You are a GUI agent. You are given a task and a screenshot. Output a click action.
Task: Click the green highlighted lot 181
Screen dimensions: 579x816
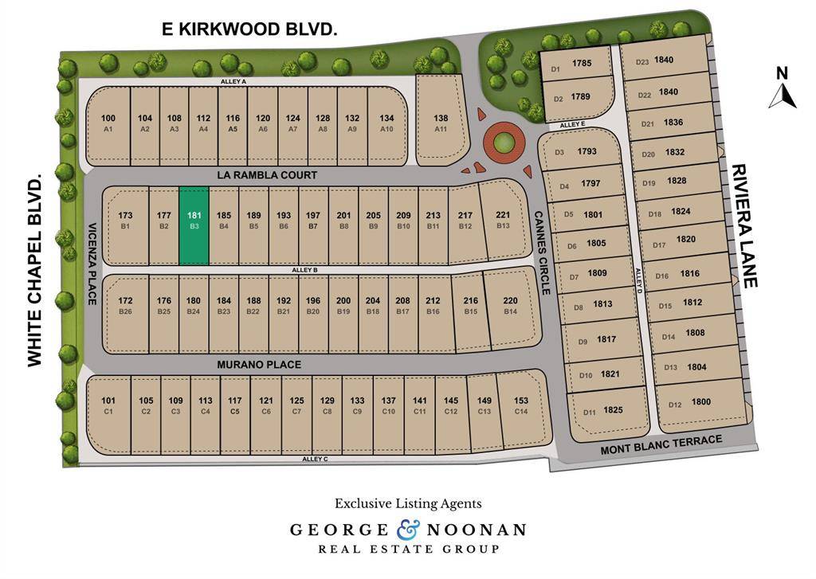[x=194, y=225]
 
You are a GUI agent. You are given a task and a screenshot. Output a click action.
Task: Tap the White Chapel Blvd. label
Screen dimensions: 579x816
[x=34, y=272]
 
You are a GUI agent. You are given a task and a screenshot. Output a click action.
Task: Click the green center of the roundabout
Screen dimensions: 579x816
[x=503, y=143]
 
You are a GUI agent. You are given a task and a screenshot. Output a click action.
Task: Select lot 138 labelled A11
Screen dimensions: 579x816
[x=441, y=121]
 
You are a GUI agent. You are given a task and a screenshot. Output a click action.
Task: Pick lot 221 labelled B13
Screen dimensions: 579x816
[x=503, y=221]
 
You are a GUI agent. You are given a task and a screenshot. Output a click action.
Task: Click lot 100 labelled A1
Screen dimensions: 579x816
[x=108, y=122]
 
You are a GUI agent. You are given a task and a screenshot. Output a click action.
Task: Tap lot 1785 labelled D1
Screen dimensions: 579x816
[x=580, y=65]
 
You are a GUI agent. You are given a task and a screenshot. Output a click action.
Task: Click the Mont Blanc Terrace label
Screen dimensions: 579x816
[x=661, y=444]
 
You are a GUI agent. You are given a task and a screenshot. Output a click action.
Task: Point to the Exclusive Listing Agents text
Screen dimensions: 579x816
[x=408, y=503]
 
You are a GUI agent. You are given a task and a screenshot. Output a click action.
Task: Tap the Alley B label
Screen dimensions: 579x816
[x=305, y=271]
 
